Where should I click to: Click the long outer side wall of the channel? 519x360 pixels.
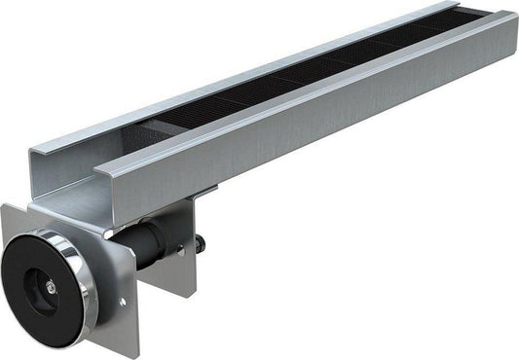point(321,126)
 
